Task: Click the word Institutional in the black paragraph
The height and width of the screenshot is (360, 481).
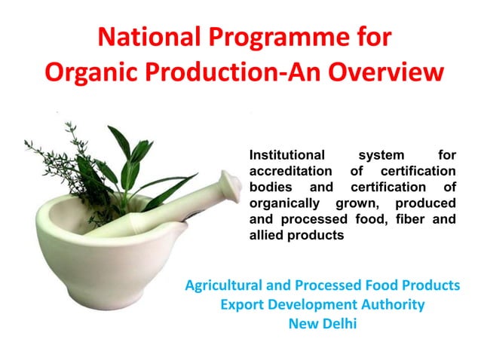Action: (x=286, y=156)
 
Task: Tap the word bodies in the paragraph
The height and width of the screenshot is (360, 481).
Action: (x=268, y=188)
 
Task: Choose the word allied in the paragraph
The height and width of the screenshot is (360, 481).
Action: (x=265, y=236)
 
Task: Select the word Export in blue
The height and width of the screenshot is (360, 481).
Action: (x=242, y=305)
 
